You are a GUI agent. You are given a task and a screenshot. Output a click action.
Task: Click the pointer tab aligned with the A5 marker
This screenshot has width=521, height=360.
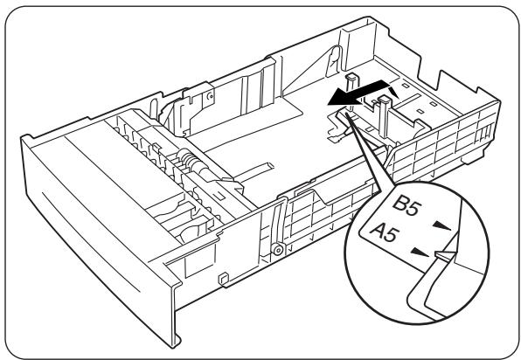[445, 256]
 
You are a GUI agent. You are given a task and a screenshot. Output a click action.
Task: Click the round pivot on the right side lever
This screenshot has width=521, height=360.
[278, 249]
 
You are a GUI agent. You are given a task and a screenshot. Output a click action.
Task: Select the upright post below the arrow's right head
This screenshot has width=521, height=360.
[383, 109]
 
